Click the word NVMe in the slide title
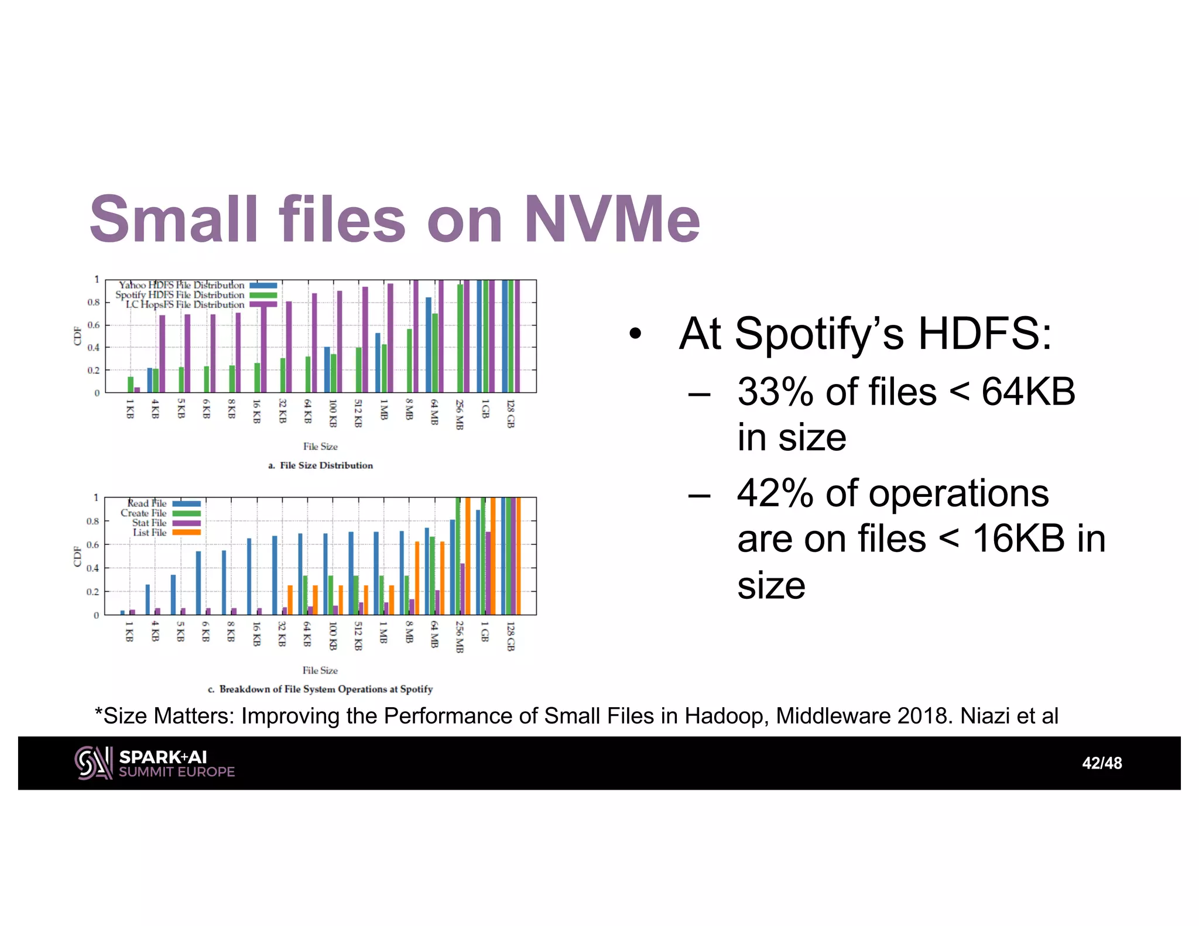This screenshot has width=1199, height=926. (x=612, y=220)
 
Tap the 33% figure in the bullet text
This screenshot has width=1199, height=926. (x=775, y=392)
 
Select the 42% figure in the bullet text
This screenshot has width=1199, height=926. (x=775, y=493)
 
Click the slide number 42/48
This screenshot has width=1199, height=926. (x=1101, y=763)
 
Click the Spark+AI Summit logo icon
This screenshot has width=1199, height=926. (x=93, y=763)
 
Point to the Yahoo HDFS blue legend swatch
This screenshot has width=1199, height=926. (x=263, y=286)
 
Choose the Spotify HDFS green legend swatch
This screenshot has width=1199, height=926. (x=263, y=295)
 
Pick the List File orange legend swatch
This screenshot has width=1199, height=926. (x=186, y=533)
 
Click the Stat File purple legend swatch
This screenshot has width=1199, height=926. (x=186, y=523)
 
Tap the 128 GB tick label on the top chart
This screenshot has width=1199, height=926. (x=511, y=414)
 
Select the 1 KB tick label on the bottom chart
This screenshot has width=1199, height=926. (x=129, y=632)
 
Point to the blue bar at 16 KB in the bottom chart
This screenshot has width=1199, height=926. (x=249, y=576)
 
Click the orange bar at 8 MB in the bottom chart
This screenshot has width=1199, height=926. (x=417, y=578)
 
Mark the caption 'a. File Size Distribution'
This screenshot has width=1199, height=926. (x=320, y=465)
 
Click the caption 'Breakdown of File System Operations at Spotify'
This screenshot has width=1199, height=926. (x=326, y=689)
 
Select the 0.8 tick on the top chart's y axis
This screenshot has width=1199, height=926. (x=94, y=303)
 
